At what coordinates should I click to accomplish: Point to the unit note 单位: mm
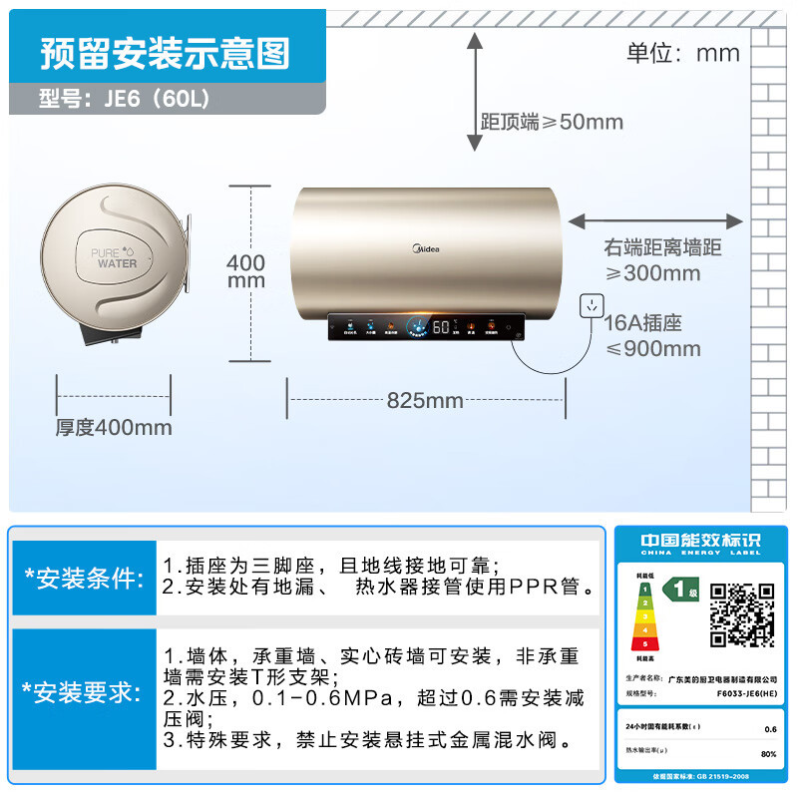click(683, 52)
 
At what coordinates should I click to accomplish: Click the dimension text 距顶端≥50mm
click(552, 122)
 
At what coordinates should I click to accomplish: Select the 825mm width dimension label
click(425, 401)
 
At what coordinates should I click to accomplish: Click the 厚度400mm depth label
click(114, 427)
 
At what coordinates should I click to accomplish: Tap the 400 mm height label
click(246, 271)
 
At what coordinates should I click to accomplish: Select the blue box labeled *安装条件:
click(84, 579)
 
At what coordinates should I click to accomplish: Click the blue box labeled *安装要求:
click(84, 692)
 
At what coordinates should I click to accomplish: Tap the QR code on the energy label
click(741, 614)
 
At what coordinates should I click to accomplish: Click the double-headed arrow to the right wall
click(655, 221)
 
